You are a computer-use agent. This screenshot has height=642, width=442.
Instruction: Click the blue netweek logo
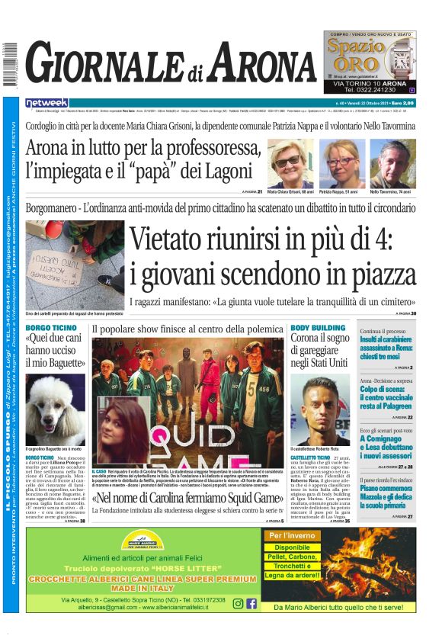click(46, 102)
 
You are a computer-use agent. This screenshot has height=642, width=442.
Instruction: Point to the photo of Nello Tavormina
click(392, 162)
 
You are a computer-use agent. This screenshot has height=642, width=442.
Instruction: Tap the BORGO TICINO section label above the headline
click(50, 328)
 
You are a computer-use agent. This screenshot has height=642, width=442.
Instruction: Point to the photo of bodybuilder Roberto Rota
click(319, 409)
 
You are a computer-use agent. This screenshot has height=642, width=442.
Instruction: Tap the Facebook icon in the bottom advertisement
click(252, 603)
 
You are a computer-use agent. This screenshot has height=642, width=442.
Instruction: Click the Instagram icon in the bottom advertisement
click(239, 603)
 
